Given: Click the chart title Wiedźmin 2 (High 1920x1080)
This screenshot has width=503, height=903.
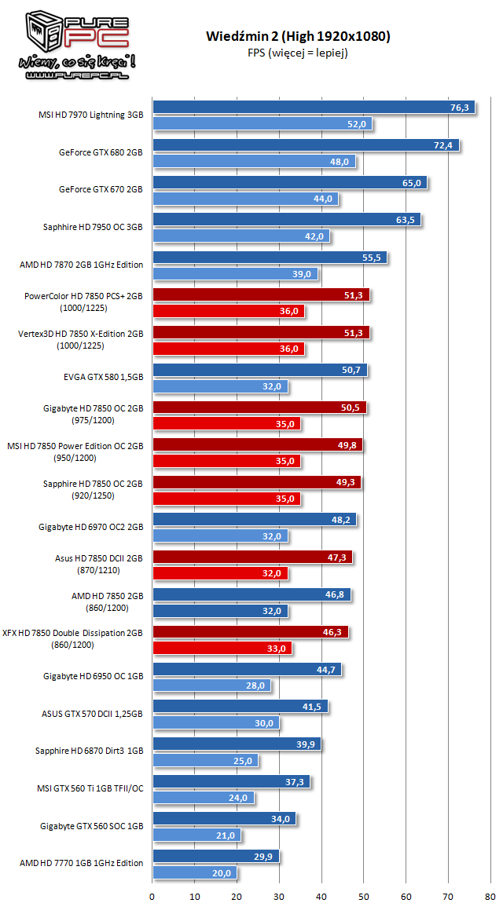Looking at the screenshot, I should tap(298, 36).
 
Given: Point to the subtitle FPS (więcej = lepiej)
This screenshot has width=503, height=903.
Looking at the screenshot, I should tap(298, 53).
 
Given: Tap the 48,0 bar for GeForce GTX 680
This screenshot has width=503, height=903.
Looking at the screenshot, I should tap(254, 162).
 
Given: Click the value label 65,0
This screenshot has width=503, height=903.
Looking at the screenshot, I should tap(412, 183).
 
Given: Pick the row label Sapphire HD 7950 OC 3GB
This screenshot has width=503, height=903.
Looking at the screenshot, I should tap(93, 227).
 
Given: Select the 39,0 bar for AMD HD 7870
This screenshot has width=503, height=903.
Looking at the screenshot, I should tap(236, 274).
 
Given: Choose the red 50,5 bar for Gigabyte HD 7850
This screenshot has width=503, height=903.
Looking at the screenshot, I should tap(259, 408).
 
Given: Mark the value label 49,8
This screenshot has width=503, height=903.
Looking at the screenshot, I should tap(347, 445).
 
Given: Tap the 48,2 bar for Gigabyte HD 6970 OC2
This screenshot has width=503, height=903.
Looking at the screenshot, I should tap(254, 520).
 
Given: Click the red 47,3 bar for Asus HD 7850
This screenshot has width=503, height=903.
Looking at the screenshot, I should tap(252, 558).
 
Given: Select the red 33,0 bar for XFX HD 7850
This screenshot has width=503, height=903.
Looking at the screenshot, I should tap(222, 649).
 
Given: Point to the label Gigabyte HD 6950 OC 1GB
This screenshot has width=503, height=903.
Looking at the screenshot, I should tap(94, 675).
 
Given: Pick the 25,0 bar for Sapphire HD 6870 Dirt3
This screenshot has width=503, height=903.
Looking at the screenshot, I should tap(205, 761).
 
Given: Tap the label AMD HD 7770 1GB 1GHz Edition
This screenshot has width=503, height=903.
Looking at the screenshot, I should tap(81, 863).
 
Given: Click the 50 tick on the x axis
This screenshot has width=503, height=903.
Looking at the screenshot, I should tap(363, 894).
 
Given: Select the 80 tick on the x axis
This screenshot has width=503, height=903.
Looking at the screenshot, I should tap(490, 894).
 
